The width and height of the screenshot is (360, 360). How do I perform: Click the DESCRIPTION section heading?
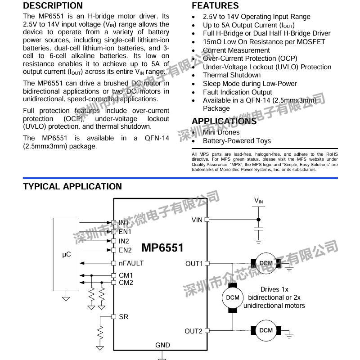(53, 6)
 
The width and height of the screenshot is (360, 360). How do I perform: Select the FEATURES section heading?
(215, 6)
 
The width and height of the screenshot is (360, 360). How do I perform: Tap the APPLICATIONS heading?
(224, 121)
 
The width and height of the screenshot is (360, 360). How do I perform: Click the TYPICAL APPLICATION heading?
(72, 186)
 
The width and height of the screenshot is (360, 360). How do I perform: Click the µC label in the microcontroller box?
(66, 254)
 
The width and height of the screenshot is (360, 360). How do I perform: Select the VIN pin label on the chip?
(197, 220)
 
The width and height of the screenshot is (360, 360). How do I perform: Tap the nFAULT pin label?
(131, 263)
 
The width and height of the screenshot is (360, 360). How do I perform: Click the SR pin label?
(124, 317)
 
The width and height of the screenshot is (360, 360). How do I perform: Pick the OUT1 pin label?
(194, 263)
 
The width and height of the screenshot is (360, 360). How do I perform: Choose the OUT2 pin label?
(193, 331)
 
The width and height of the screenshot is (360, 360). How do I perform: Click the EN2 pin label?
(125, 250)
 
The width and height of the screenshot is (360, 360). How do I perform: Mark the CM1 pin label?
(126, 275)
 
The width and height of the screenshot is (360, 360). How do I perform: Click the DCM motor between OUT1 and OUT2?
(233, 297)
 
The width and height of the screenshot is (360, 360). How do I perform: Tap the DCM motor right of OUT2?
(266, 330)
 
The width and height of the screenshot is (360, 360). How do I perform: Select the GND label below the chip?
(162, 345)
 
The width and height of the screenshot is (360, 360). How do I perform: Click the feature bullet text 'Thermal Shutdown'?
(232, 75)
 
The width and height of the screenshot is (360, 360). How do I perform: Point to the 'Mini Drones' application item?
(221, 132)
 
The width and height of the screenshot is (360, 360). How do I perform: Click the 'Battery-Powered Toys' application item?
(237, 141)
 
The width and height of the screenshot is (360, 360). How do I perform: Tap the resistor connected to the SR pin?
(100, 333)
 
